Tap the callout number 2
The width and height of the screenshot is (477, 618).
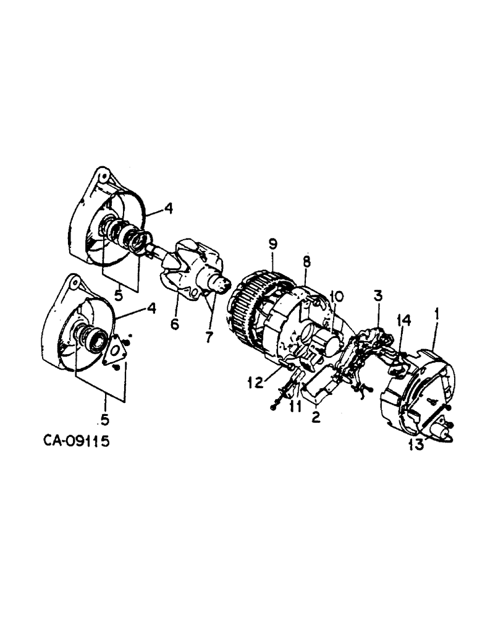[315, 418]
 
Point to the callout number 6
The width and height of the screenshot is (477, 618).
[175, 324]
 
